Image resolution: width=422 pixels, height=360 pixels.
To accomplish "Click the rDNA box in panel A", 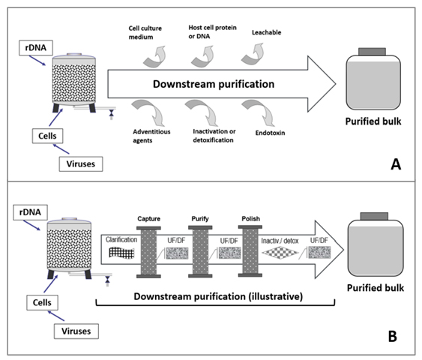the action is [36, 48].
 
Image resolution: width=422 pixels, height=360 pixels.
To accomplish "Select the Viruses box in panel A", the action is [81, 164].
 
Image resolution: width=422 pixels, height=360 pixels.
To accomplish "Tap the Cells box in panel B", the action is [42, 303].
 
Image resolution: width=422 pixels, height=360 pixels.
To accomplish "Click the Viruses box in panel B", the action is [76, 331].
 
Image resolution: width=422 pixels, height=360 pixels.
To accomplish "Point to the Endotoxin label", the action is [270, 133].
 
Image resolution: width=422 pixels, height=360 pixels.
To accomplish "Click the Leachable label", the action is [266, 32].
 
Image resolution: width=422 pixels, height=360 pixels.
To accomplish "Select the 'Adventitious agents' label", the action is [151, 136].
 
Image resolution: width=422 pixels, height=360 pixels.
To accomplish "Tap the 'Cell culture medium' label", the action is [145, 32].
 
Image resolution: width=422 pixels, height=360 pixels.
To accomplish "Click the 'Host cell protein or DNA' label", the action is [212, 32].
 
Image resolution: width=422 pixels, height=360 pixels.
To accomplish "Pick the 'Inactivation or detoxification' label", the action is [214, 136].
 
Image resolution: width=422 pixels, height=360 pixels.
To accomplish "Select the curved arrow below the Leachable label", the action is [254, 55].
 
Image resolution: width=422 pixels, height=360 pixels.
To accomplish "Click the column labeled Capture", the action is [148, 252].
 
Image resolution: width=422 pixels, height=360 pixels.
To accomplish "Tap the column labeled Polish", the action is [250, 251].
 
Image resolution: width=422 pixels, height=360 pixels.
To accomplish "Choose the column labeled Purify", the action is [200, 252].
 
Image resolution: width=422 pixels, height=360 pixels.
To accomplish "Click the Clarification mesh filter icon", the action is [121, 253].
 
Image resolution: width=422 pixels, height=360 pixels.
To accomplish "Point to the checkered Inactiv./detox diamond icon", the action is [280, 253].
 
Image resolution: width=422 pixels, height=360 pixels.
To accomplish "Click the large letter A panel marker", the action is [396, 164].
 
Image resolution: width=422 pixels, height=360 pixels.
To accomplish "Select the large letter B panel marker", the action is [393, 336].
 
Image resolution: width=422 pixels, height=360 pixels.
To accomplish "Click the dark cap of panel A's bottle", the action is [372, 52].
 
